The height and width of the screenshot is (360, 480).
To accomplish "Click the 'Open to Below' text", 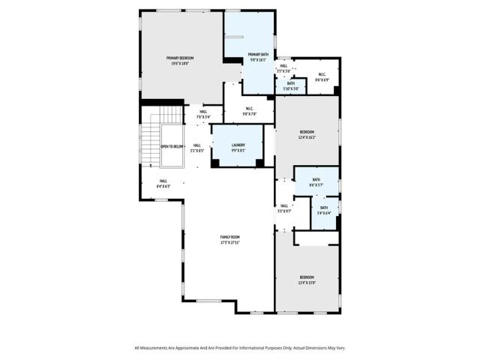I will tap(172, 147).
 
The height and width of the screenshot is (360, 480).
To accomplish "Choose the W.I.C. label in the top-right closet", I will tap(322, 74).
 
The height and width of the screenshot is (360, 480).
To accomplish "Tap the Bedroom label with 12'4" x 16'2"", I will tap(307, 133).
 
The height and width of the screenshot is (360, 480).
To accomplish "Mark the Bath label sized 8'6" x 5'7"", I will tap(316, 179).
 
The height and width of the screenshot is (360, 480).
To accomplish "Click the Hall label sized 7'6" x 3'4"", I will tap(203, 112).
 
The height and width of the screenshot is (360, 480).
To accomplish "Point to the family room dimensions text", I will tap(229, 243).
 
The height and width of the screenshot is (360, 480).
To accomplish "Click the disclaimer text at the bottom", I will tap(240, 348).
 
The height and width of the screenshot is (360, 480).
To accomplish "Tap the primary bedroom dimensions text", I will tap(181, 64).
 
